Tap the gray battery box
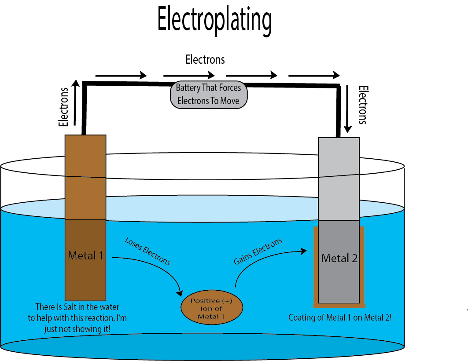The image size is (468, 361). point(208,94)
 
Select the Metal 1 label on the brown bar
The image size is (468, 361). point(86,255)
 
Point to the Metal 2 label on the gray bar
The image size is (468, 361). point(339,258)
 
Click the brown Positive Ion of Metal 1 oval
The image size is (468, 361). point(212,308)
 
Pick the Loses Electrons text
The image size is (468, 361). point(147,251)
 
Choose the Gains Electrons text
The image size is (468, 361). point(258,252)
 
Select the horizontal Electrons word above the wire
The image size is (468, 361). point(205,59)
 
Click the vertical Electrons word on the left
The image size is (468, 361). point(64,107)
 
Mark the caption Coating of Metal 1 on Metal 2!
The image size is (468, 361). point(339,317)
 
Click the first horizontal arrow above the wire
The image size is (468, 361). point(121,75)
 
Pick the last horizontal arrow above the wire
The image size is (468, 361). point(314,75)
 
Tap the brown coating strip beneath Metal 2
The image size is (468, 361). point(339,305)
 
